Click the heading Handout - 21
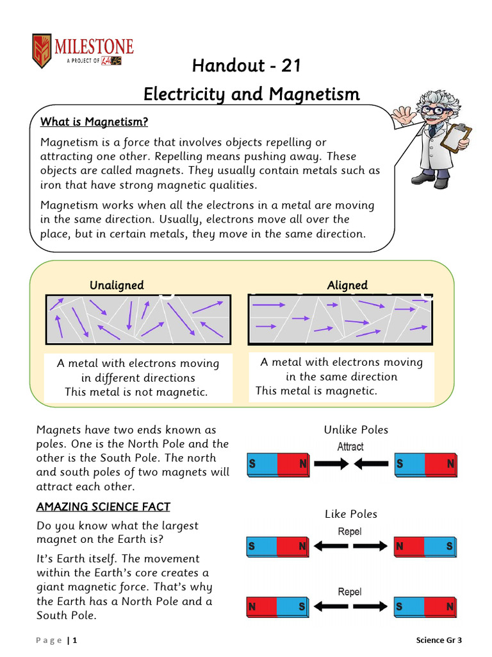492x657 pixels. [x=247, y=65]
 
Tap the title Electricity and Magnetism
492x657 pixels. [x=251, y=94]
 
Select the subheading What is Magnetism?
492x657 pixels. [x=94, y=122]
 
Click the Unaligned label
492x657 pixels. [x=117, y=285]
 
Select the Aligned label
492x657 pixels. [x=347, y=285]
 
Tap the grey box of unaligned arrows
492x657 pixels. [x=138, y=320]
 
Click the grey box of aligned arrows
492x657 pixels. [x=340, y=320]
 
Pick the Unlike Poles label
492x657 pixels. [x=356, y=430]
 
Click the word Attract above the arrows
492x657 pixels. [x=350, y=447]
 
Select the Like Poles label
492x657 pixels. [x=351, y=514]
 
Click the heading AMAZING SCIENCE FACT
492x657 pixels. [x=103, y=508]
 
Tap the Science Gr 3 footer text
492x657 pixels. [x=439, y=640]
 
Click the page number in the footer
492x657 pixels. [x=74, y=640]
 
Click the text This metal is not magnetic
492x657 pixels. [x=136, y=392]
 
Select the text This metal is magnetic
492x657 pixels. [x=316, y=391]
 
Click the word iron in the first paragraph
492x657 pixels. [x=51, y=185]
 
